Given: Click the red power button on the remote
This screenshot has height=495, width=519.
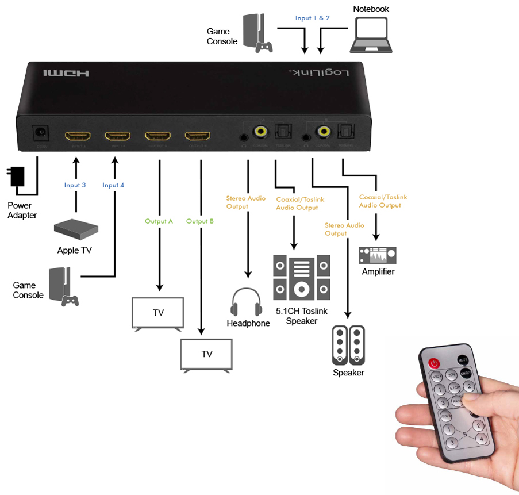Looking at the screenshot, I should point(434,363).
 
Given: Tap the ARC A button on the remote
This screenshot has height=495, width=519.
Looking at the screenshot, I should point(436,377).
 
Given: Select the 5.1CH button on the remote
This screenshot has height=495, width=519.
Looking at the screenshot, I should point(454,388).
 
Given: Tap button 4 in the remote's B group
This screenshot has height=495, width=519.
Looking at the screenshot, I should point(482,439).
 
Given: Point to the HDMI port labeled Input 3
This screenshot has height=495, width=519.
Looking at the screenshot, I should point(77,137).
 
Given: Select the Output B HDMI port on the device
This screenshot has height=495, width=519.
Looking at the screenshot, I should point(197,137).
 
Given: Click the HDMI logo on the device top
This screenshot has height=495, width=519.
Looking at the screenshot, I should point(67,74).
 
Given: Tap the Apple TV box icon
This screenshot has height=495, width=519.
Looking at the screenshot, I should point(75,228).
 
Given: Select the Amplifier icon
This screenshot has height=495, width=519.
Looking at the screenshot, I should point(378,255).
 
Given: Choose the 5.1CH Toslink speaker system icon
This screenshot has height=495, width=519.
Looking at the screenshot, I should point(302,278).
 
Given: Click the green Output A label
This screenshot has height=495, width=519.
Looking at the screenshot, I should point(159,221).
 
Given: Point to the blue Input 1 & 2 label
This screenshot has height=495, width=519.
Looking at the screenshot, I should point(313,18).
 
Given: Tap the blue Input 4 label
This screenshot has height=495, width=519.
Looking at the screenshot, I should point(113,185).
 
